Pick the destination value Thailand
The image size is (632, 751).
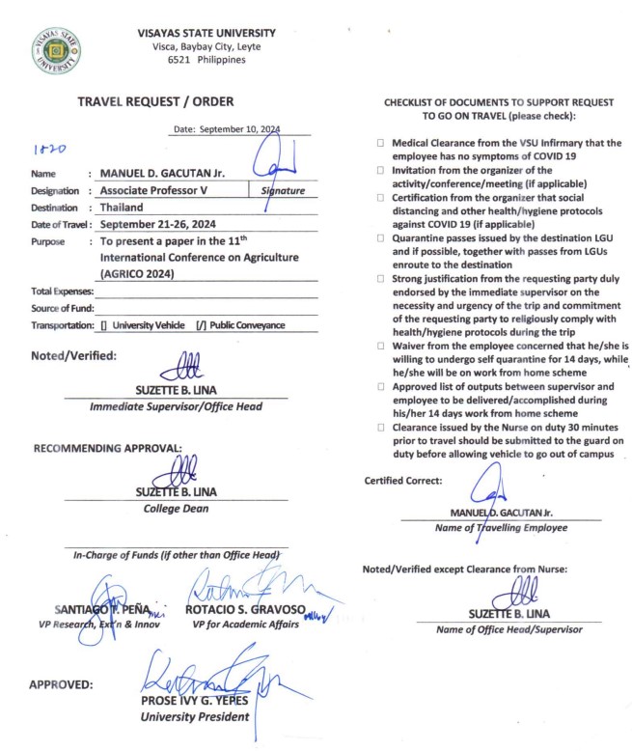pyautogui.click(x=121, y=207)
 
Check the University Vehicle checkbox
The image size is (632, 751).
pyautogui.click(x=103, y=325)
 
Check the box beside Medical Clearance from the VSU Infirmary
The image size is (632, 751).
pyautogui.click(x=382, y=144)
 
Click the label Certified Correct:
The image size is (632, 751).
pyautogui.click(x=402, y=481)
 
